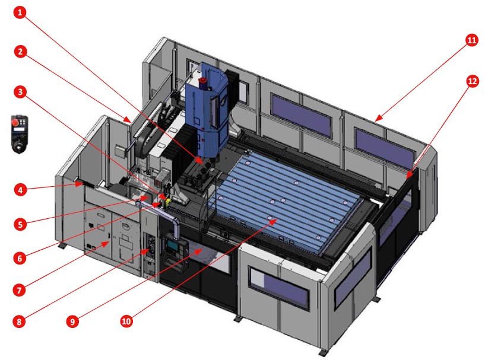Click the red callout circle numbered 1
click(x=20, y=13)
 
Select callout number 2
click(x=20, y=52)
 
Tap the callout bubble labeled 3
click(x=20, y=92)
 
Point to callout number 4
click(x=20, y=190)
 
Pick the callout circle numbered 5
click(x=20, y=224)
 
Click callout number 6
click(x=20, y=258)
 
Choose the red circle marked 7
click(x=20, y=290)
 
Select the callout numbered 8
click(x=20, y=321)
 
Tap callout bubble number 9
click(x=72, y=321)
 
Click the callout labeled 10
click(x=126, y=321)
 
